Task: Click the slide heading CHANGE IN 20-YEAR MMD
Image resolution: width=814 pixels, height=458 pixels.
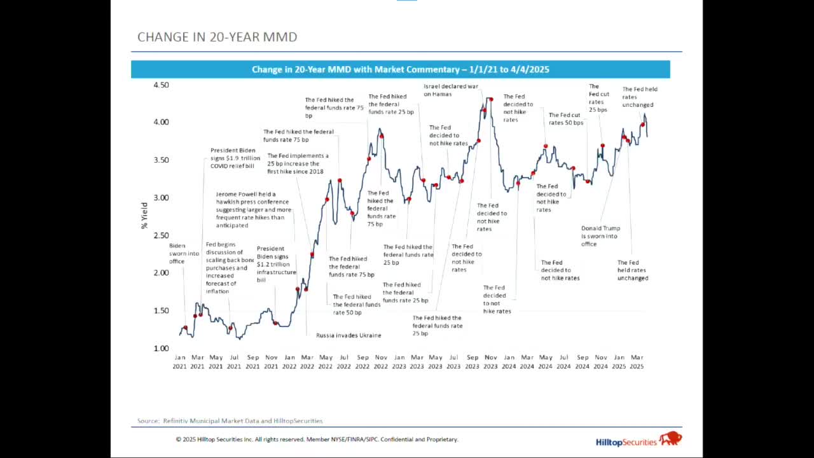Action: point(217,37)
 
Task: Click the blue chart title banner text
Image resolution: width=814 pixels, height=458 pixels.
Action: point(400,69)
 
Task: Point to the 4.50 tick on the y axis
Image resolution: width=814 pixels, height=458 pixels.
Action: point(161,85)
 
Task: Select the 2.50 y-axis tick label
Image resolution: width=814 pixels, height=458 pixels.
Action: point(161,235)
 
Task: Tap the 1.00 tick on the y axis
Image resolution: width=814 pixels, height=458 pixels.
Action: point(161,349)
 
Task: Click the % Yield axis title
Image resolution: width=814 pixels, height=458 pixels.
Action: point(144,216)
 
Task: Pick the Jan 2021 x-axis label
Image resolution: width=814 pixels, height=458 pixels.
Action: point(180,362)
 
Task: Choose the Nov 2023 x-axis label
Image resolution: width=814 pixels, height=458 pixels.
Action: point(490,362)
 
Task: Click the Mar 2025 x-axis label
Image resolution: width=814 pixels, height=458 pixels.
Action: point(637,362)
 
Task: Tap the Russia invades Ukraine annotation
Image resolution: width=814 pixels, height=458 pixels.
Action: point(348,335)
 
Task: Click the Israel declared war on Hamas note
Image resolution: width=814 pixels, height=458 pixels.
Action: point(451,90)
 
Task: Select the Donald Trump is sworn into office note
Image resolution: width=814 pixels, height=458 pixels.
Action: point(600,236)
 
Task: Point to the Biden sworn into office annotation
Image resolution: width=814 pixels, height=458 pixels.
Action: point(184,253)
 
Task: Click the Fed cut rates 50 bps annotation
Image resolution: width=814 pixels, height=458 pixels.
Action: point(566,119)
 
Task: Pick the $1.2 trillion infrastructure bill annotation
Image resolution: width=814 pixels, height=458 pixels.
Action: point(276,265)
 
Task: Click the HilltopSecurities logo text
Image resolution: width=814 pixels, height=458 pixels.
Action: point(626,441)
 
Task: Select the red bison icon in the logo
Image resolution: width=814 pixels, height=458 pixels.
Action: point(670,438)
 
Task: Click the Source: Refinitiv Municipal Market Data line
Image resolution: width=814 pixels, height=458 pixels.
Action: point(230,421)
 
